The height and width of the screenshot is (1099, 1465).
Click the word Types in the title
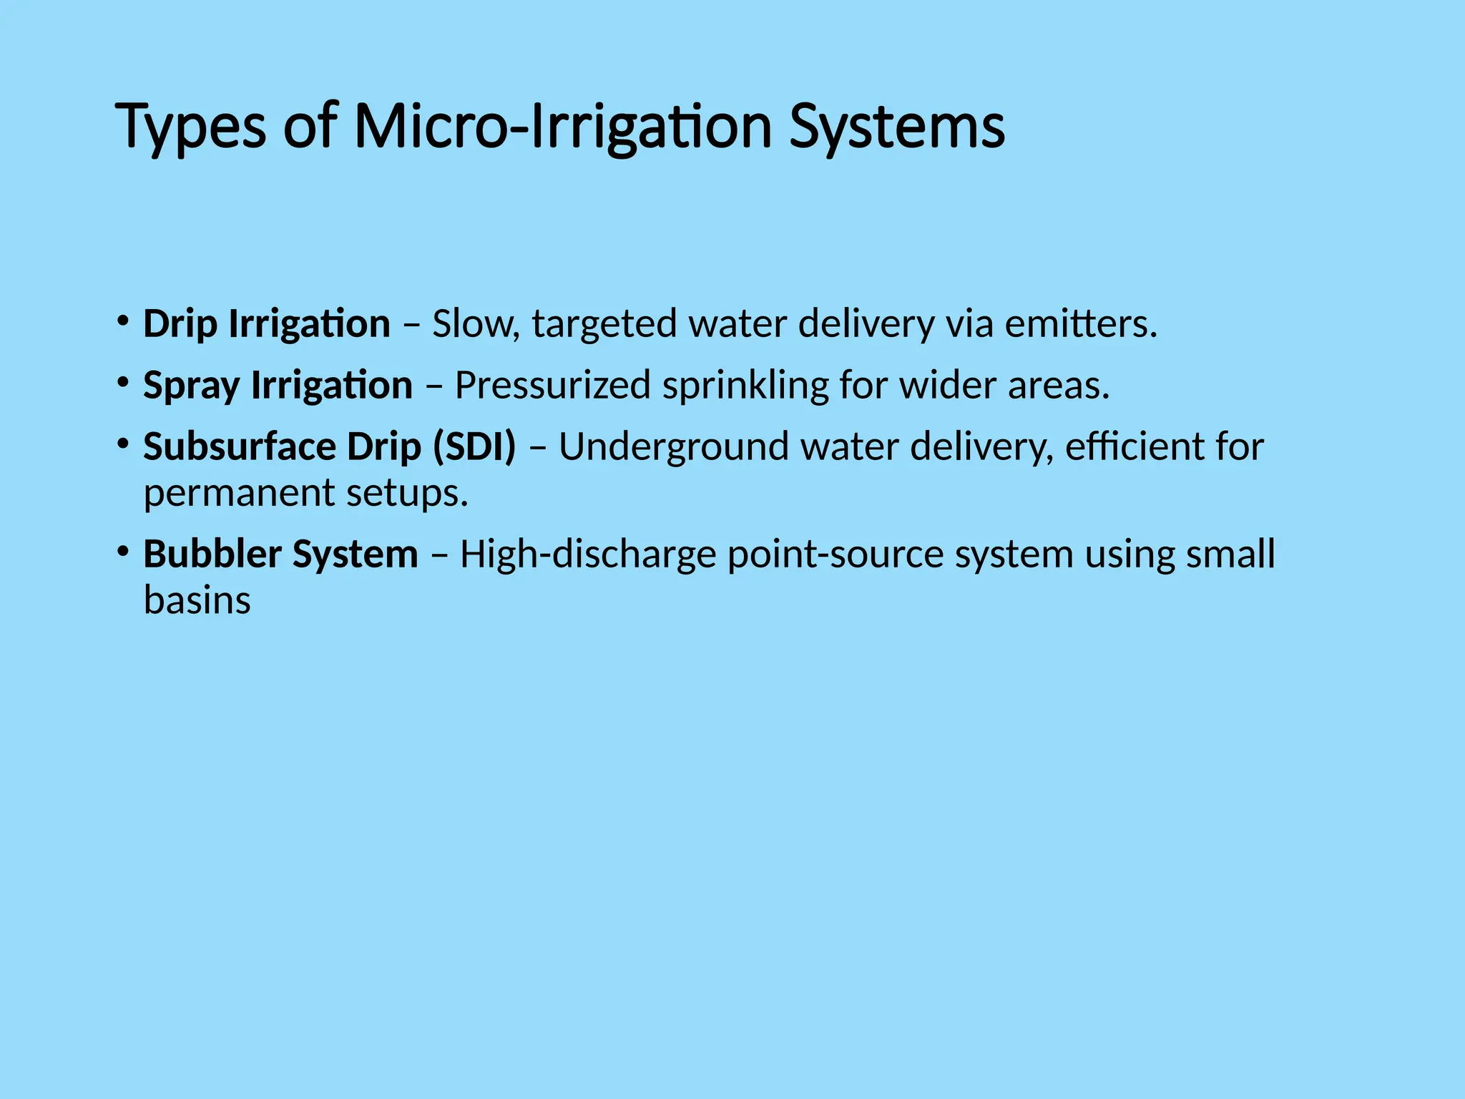coord(190,127)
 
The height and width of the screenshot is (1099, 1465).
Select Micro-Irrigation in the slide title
coord(562,127)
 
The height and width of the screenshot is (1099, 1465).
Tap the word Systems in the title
coord(897,127)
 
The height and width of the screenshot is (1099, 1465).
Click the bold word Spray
coord(191,386)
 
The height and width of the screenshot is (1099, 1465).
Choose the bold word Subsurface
coord(240,446)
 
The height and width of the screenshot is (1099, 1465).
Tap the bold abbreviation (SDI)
coord(474,446)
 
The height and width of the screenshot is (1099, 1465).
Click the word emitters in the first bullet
coord(1080,323)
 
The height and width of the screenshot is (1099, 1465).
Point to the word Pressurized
coord(552,385)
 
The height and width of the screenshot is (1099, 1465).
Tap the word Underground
coord(673,448)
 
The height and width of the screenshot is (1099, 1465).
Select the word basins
coord(197,600)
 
